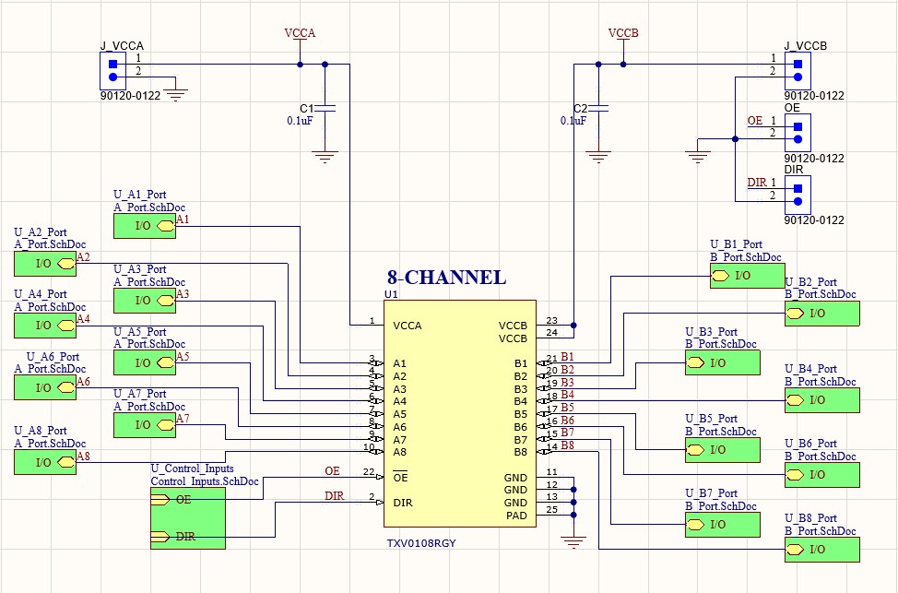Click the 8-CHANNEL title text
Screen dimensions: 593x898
(445, 278)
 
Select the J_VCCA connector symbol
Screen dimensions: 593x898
(112, 71)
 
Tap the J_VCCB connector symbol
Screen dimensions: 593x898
(798, 71)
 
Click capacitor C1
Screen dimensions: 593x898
(325, 109)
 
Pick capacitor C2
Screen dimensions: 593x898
(598, 109)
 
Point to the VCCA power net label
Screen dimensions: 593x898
(300, 33)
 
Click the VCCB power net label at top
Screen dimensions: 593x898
(623, 33)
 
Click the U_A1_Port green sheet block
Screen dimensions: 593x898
(143, 225)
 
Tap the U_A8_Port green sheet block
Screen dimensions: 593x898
(44, 462)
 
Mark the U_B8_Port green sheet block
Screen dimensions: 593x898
(821, 551)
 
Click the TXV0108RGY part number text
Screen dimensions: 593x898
(421, 543)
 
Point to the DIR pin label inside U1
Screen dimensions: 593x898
(402, 503)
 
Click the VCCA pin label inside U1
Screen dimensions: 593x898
(408, 326)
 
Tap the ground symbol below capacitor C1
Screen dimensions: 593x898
(325, 157)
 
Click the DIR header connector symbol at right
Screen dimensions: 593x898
(798, 189)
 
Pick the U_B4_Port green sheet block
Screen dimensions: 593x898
(821, 400)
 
